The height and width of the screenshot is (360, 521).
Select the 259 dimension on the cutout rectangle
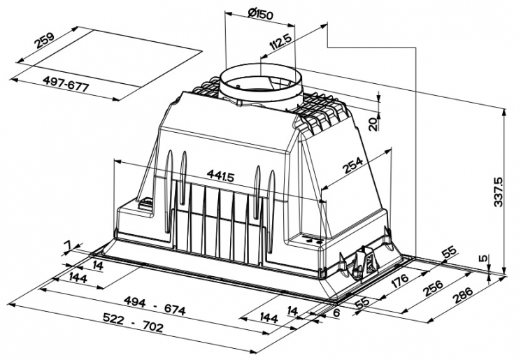tap(45, 40)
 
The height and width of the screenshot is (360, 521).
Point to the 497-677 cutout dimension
tap(66, 84)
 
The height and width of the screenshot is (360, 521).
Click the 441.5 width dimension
tap(220, 175)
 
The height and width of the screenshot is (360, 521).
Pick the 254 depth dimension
tap(353, 165)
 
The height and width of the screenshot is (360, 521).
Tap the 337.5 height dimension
tap(499, 192)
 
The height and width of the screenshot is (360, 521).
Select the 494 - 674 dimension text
tap(155, 306)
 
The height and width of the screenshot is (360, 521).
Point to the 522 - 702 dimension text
tap(133, 322)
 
